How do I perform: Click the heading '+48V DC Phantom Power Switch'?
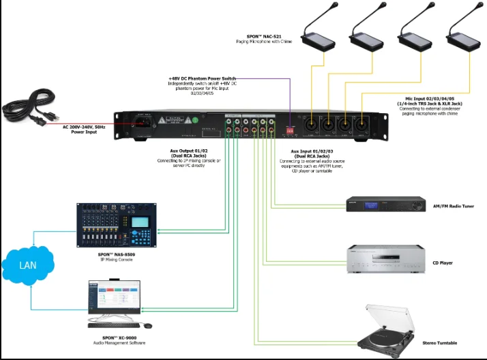point(202,78)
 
